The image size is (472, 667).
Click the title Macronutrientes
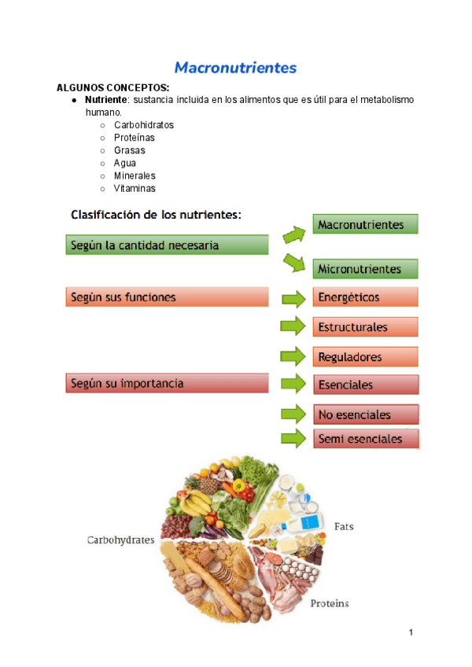pyautogui.click(x=235, y=68)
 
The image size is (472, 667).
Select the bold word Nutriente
pyautogui.click(x=106, y=100)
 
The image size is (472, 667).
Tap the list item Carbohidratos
pyautogui.click(x=144, y=125)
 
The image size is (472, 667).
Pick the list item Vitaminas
pyautogui.click(x=135, y=188)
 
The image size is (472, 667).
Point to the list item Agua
pyautogui.click(x=125, y=163)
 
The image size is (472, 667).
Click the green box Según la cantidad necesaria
pyautogui.click(x=166, y=245)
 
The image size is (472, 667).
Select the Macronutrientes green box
pyautogui.click(x=365, y=224)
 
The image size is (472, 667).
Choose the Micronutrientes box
pyautogui.click(x=365, y=269)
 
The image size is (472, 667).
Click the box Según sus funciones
pyautogui.click(x=166, y=297)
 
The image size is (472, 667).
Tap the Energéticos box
pyautogui.click(x=365, y=297)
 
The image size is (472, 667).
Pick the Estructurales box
pyautogui.click(x=365, y=326)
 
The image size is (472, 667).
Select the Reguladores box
pyautogui.click(x=365, y=356)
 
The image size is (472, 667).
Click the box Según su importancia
pyautogui.click(x=166, y=384)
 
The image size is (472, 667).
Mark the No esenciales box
pyautogui.click(x=365, y=415)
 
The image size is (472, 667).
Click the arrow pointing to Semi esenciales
pyautogui.click(x=293, y=438)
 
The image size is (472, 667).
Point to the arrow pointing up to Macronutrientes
pyautogui.click(x=293, y=233)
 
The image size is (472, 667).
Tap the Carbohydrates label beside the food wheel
pyautogui.click(x=120, y=540)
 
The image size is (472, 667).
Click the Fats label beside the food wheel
pyautogui.click(x=344, y=525)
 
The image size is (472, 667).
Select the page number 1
pyautogui.click(x=411, y=632)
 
